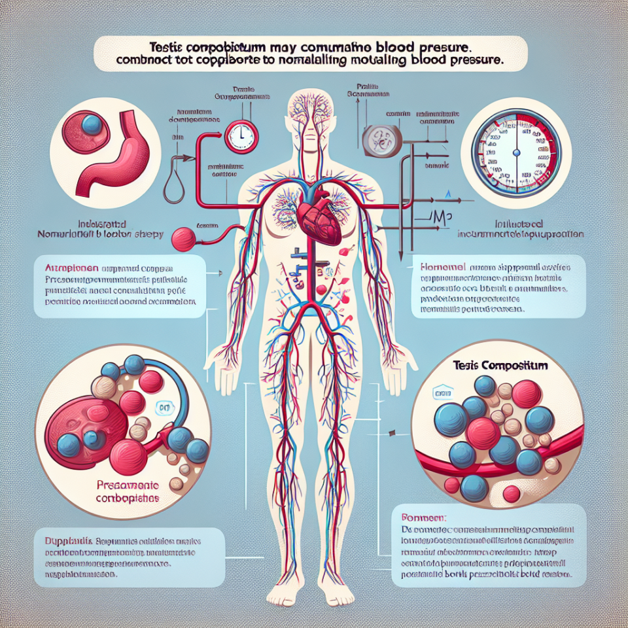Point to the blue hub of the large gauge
(x=516, y=152)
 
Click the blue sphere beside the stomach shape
(x=92, y=125)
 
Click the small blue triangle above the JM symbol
(x=449, y=194)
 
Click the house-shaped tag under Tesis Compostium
(x=443, y=393)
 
